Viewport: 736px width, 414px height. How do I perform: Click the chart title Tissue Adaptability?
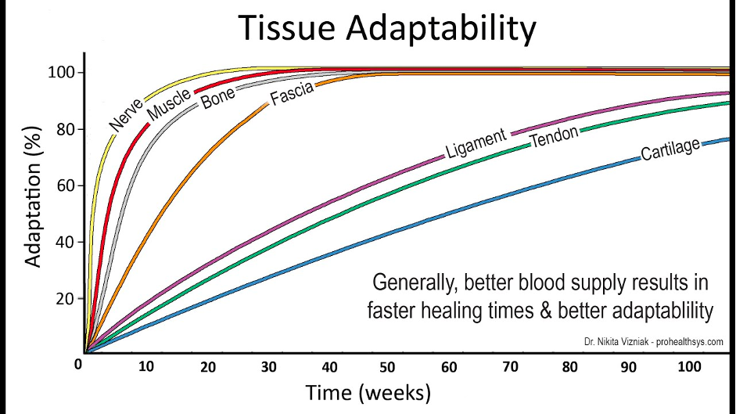tap(389, 28)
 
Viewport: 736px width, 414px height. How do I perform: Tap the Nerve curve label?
tap(125, 114)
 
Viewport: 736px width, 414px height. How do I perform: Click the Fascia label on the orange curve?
tap(292, 95)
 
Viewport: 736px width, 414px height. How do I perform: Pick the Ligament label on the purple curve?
tap(477, 142)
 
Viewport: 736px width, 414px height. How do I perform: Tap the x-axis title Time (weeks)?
tap(368, 391)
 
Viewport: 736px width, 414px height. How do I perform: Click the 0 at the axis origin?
tap(78, 365)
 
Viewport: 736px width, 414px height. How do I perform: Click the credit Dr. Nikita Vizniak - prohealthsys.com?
tap(653, 342)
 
